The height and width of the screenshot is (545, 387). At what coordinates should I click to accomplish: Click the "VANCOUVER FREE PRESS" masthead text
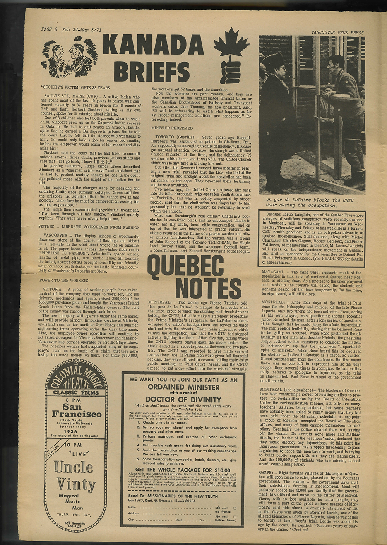point(337,32)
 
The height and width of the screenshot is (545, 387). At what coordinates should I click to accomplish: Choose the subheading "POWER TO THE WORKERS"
point(64,280)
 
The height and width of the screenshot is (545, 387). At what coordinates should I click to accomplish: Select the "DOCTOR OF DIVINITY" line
point(183,399)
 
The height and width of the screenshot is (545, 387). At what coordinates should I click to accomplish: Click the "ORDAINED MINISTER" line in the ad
point(183,387)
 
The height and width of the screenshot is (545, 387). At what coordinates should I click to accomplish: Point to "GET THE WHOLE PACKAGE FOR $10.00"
point(183,470)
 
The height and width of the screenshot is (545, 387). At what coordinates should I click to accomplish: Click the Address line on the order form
point(170,513)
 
